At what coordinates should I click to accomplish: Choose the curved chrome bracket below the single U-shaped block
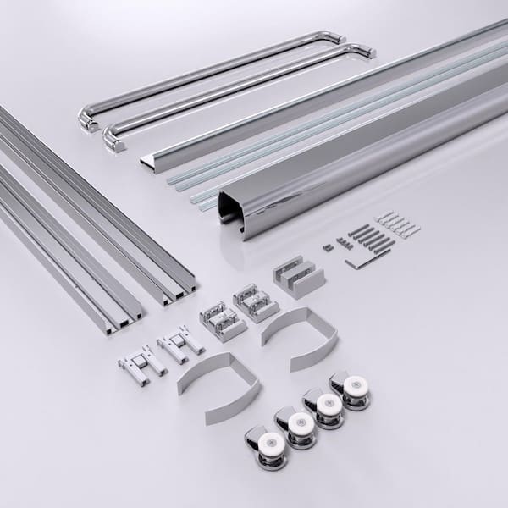click(x=292, y=337)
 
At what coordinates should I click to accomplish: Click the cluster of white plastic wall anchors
click(x=398, y=224)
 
